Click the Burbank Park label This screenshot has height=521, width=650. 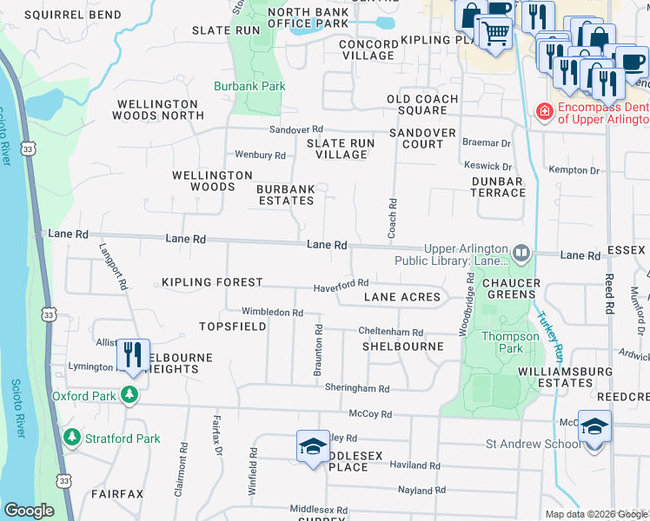pos(250,87)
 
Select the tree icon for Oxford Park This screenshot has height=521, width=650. pos(129,395)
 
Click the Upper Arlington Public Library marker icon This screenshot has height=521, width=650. pos(521,253)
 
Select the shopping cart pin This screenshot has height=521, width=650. pos(494,33)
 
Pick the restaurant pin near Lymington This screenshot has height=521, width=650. pos(132,355)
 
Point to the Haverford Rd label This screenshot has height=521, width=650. pos(342,284)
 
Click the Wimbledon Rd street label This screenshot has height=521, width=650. pos(272,313)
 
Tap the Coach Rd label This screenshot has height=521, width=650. pos(393,214)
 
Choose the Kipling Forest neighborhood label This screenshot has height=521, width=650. pos(212,283)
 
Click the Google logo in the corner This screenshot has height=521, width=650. pos(29,510)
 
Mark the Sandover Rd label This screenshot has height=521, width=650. pos(295,129)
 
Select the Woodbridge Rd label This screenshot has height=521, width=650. pos(470,304)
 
